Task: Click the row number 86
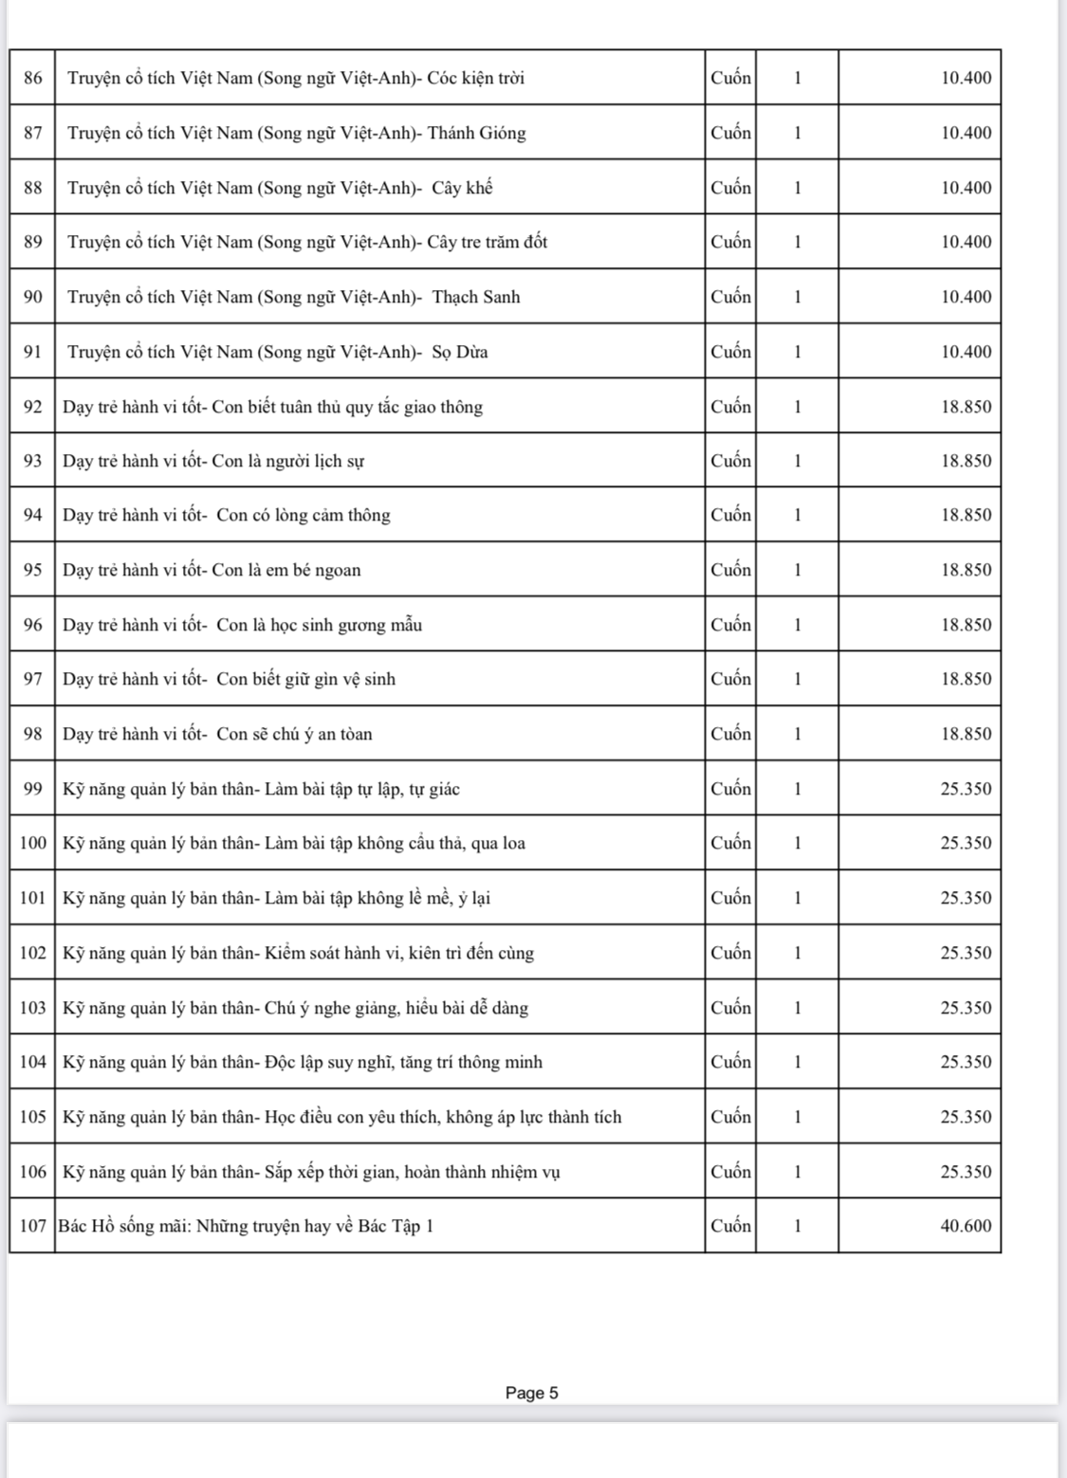[33, 78]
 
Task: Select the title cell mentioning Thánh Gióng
[296, 133]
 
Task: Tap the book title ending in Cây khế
[280, 188]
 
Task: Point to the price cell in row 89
[966, 242]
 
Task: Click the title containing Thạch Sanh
[294, 297]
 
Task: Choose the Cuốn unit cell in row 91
[730, 352]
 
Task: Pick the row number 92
[33, 407]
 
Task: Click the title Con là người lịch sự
[213, 461]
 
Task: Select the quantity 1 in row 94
[798, 515]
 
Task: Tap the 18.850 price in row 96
[966, 625]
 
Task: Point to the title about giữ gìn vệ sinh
[229, 679]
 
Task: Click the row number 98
[33, 734]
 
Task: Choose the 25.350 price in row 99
[966, 789]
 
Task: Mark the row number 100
[33, 843]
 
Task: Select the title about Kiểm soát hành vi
[298, 953]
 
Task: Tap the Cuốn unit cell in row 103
[730, 1008]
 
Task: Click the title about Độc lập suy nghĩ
[303, 1062]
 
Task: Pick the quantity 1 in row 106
[798, 1172]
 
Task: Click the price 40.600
[966, 1226]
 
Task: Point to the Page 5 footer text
[532, 1393]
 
